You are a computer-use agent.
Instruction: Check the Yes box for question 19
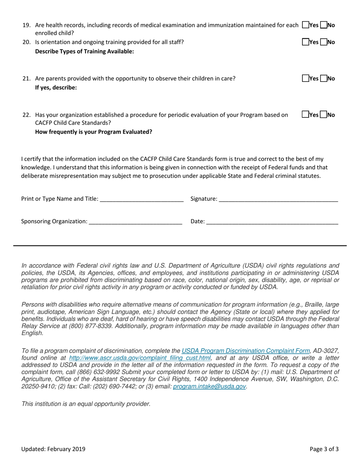(305, 25)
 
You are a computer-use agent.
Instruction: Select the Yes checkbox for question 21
(305, 79)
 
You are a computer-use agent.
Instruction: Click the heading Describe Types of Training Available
(84, 52)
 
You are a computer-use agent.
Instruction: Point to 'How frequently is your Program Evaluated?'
(94, 132)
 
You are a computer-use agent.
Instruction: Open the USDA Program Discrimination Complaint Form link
(246, 351)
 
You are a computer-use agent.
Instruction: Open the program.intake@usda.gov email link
(210, 386)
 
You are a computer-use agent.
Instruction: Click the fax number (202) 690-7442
(110, 386)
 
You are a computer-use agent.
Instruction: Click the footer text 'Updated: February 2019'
(53, 449)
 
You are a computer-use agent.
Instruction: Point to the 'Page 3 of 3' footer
(324, 449)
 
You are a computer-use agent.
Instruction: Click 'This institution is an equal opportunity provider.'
(86, 404)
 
